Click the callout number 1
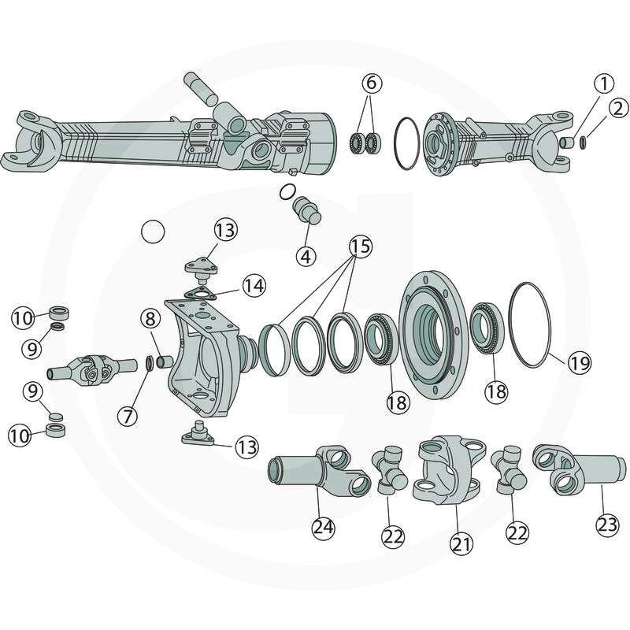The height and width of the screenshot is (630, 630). pyautogui.click(x=604, y=84)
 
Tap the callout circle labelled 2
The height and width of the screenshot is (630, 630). pyautogui.click(x=618, y=109)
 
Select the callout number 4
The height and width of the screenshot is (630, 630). pyautogui.click(x=306, y=256)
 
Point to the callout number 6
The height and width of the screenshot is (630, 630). pyautogui.click(x=371, y=83)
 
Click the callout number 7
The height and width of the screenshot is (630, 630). pyautogui.click(x=128, y=416)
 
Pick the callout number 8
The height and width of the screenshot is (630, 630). pyautogui.click(x=150, y=319)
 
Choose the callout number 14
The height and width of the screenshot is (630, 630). pyautogui.click(x=254, y=286)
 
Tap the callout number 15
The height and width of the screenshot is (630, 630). pyautogui.click(x=361, y=246)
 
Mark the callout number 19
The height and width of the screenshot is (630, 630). pyautogui.click(x=579, y=363)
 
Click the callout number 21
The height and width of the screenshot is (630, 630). pyautogui.click(x=461, y=543)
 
